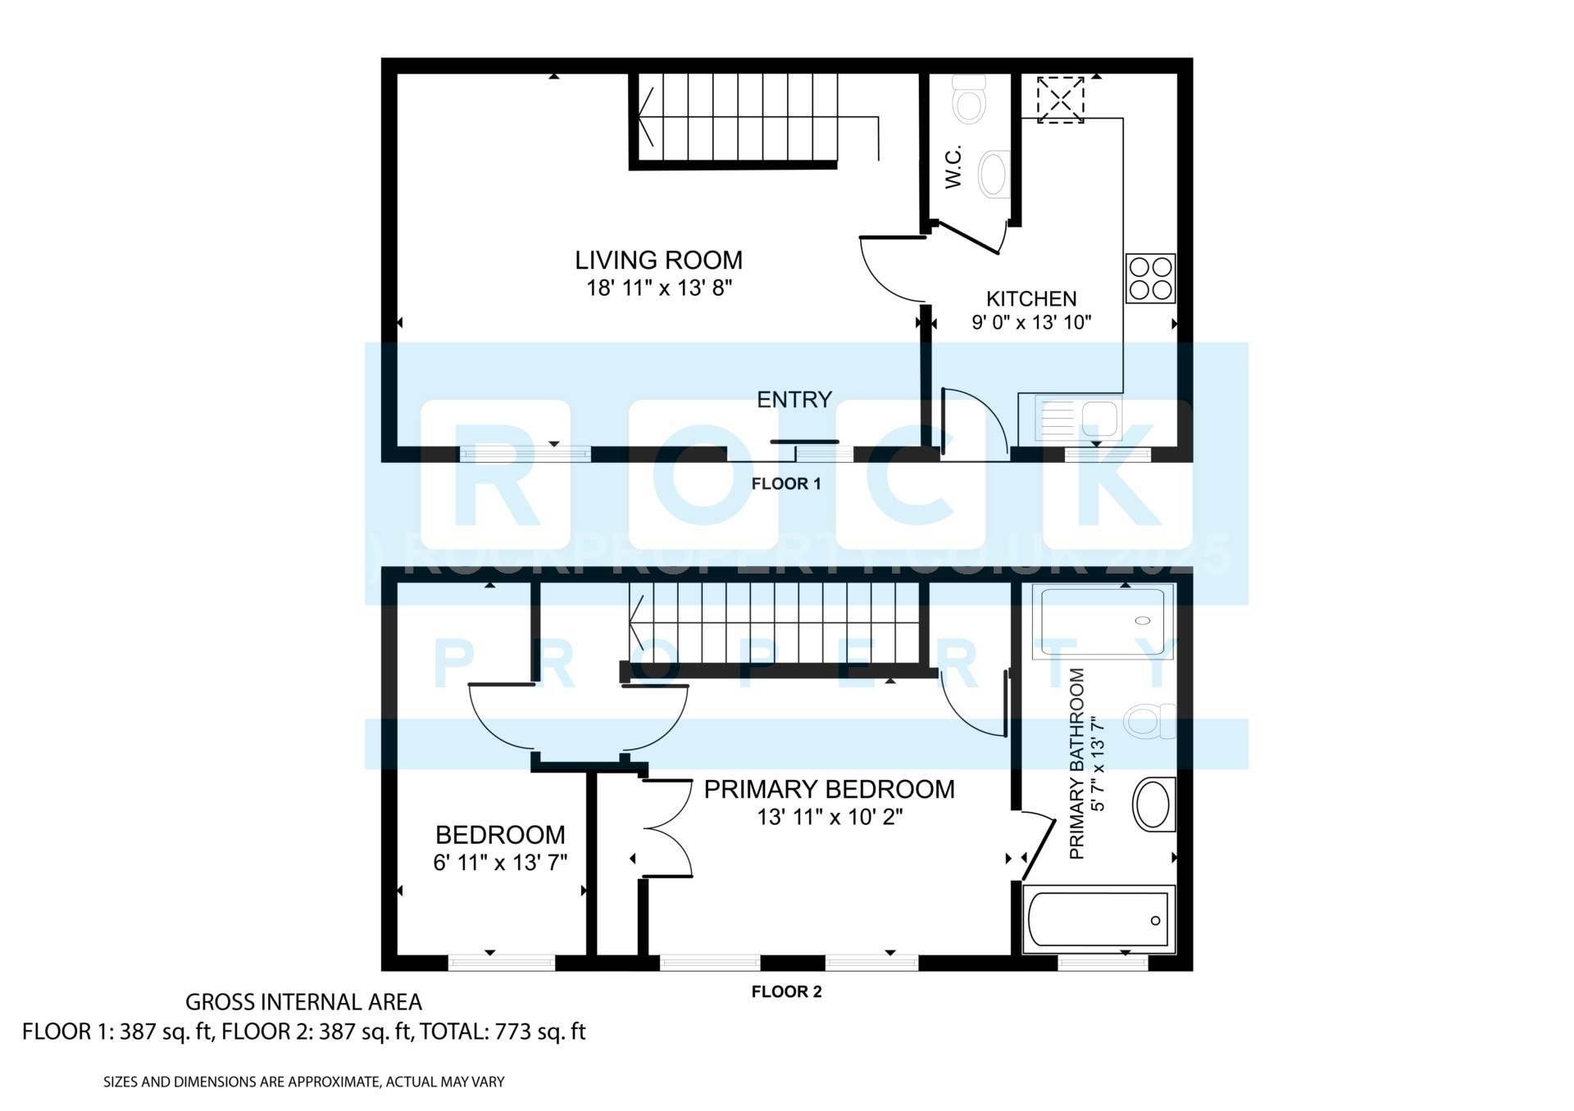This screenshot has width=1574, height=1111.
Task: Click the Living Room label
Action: (658, 261)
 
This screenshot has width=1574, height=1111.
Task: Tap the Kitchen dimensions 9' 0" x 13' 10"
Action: (1031, 323)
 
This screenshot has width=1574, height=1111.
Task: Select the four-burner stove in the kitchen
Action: (1149, 279)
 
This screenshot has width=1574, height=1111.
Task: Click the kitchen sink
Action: (1077, 419)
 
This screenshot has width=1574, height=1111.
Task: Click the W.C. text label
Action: (953, 168)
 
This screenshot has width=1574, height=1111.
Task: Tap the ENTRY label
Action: (794, 400)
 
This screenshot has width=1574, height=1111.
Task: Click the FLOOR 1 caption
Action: (785, 484)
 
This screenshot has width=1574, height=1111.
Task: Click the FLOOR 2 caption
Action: (785, 992)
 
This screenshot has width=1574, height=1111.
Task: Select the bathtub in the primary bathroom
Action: (1099, 920)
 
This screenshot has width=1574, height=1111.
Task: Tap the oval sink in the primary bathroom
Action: (1153, 805)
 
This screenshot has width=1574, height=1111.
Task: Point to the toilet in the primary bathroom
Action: (1149, 721)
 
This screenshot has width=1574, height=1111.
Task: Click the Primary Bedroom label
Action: (829, 790)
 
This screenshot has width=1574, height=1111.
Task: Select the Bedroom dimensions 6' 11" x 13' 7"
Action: (500, 863)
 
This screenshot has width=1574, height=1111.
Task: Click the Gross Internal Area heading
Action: (303, 1002)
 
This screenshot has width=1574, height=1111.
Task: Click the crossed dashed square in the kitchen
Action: (1060, 100)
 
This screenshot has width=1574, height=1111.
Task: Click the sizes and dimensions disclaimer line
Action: (303, 1082)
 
